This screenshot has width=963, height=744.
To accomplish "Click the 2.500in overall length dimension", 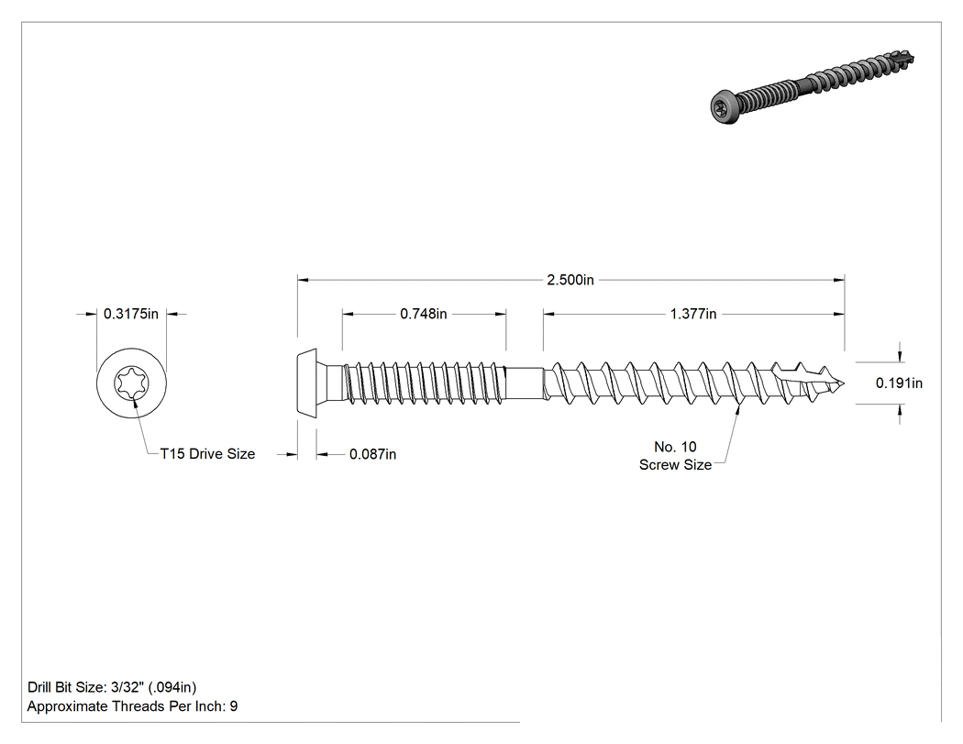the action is click(570, 280).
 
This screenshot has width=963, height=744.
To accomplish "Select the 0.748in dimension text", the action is click(424, 314).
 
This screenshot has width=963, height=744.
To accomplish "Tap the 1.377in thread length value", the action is click(693, 314).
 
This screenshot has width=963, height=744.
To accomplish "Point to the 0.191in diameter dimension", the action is click(899, 383).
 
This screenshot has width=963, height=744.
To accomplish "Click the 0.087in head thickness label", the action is click(372, 455).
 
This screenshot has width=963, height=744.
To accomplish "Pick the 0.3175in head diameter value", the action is click(131, 314).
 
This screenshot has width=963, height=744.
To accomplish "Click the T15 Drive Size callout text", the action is click(207, 454).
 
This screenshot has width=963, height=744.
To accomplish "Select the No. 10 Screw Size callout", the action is click(676, 456).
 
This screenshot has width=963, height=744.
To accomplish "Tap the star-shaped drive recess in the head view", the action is click(131, 383).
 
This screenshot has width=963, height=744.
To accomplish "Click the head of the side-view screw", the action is click(307, 383).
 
